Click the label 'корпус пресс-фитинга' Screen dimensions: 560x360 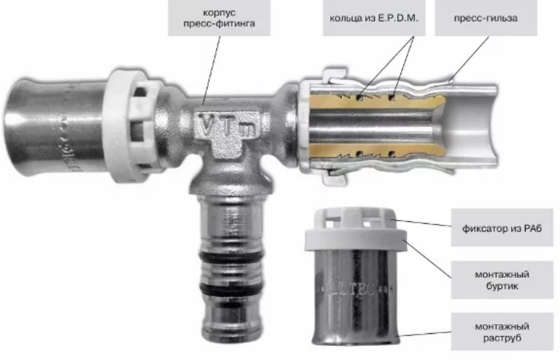(219, 18)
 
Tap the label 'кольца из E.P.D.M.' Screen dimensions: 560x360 (373, 18)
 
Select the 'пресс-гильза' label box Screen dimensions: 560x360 (486, 18)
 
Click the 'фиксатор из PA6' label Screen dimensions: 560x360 (502, 228)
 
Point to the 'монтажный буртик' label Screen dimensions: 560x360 (502, 280)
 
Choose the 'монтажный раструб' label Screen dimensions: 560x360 (502, 332)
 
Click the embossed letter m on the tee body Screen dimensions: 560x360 (246, 129)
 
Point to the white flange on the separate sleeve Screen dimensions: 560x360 (355, 240)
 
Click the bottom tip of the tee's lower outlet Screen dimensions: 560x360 (232, 338)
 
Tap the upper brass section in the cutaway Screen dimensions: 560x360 (375, 101)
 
